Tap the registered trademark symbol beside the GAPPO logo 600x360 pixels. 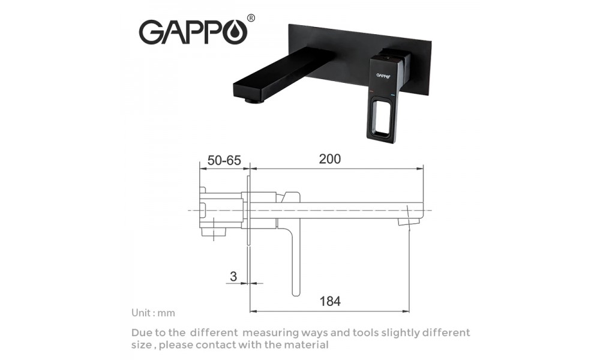251,18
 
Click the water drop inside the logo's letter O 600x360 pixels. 237,33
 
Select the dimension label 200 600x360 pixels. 330,159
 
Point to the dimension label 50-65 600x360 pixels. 224,160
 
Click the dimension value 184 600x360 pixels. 330,301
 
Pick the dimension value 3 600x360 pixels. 233,276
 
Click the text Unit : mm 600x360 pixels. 153,313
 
